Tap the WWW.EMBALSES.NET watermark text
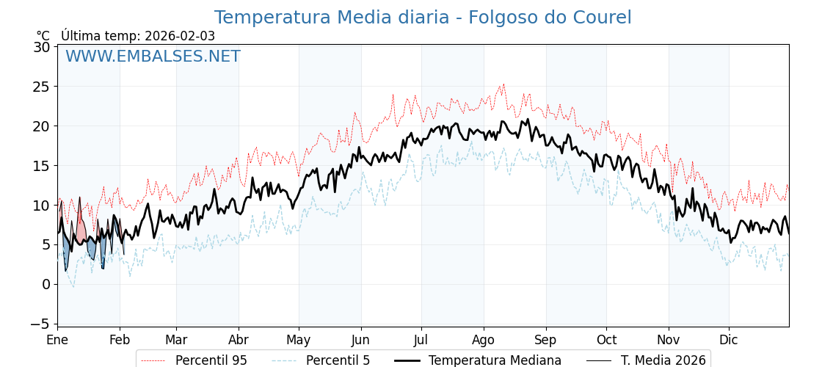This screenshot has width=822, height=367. tap(153, 57)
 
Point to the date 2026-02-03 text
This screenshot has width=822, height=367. tap(180, 36)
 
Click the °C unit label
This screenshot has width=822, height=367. tap(43, 36)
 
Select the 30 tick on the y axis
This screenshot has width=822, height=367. tap(42, 47)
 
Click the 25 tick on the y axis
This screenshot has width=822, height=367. tap(42, 87)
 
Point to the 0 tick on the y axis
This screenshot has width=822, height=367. tap(46, 284)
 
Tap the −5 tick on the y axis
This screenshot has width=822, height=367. tap(42, 324)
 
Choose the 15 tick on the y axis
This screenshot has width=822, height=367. tap(42, 166)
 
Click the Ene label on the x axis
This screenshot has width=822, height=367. tap(57, 340)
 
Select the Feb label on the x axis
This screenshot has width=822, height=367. tap(120, 340)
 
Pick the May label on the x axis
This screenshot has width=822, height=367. tap(299, 340)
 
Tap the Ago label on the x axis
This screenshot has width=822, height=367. tap(484, 340)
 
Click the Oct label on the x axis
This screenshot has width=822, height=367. tap(606, 340)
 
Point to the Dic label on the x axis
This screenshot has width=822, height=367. tap(729, 340)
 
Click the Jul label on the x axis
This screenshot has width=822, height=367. tap(421, 340)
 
